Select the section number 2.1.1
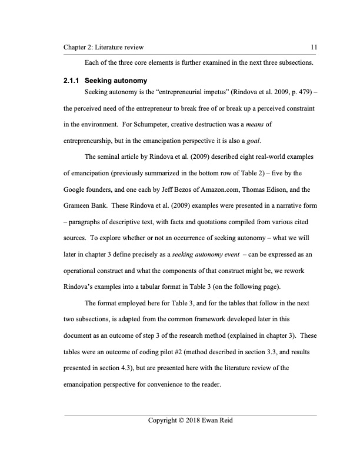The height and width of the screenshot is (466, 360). tap(73, 79)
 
